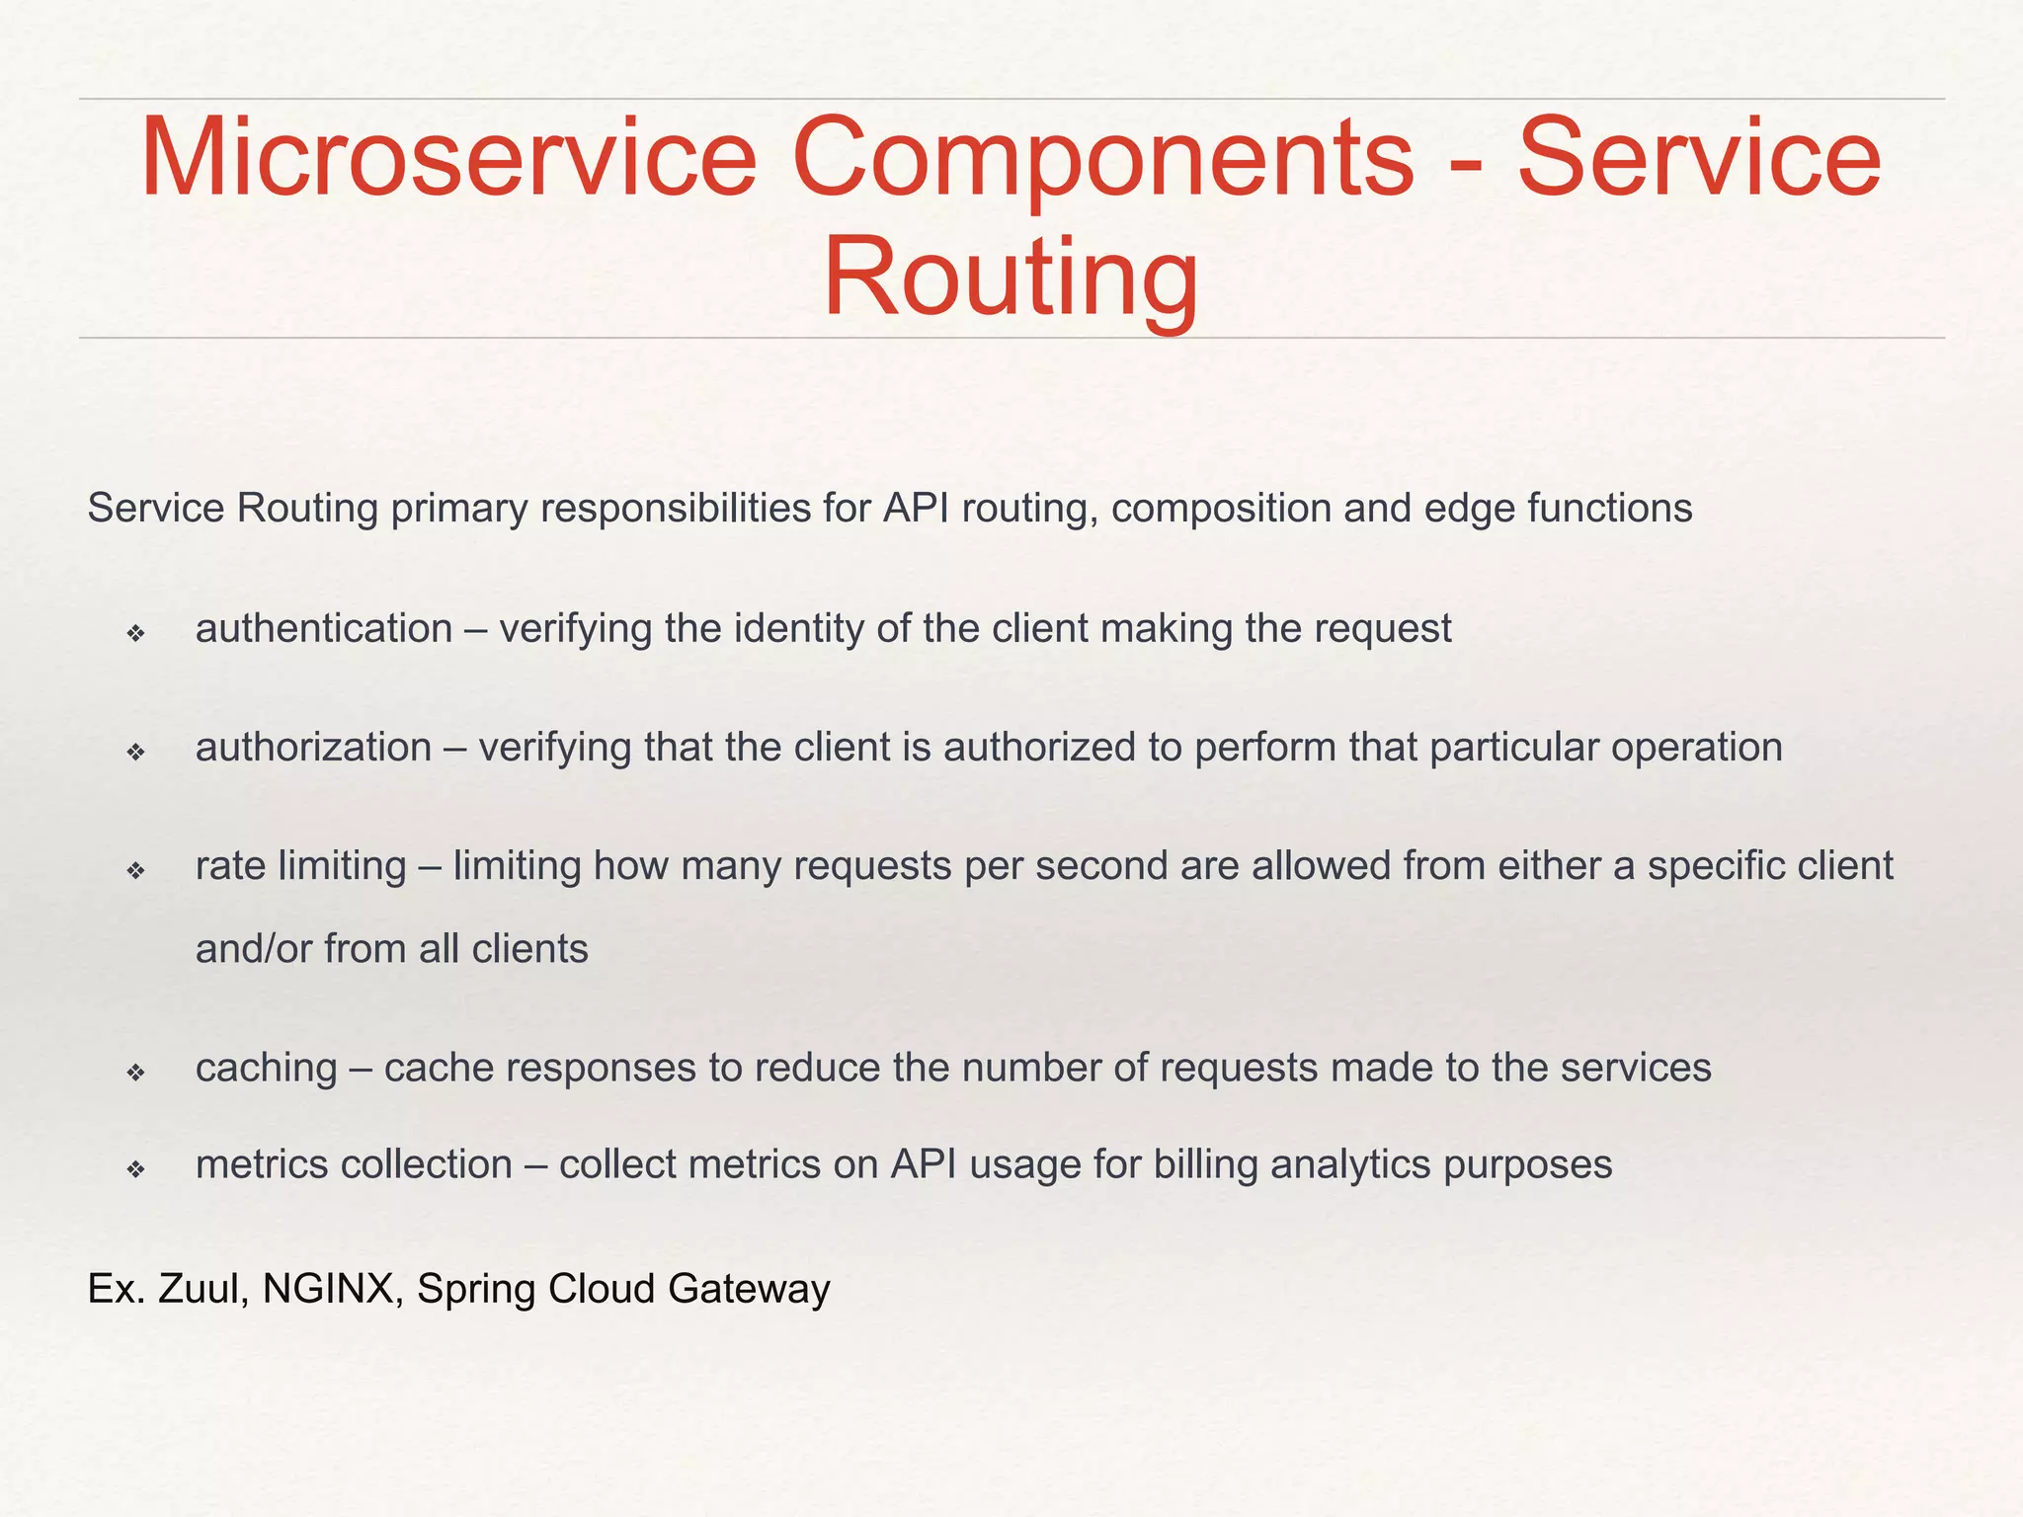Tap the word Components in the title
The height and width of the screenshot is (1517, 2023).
tap(1102, 158)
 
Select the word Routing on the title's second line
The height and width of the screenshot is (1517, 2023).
tap(1011, 277)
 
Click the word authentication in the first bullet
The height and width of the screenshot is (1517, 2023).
tap(324, 629)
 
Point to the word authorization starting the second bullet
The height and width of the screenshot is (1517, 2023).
tap(314, 748)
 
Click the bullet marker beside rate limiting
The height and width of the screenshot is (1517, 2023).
tap(136, 870)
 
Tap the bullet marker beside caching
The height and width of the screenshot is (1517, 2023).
tap(136, 1072)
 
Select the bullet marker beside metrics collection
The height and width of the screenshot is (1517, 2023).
tap(136, 1169)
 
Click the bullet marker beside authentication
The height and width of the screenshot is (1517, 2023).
tap(136, 633)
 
